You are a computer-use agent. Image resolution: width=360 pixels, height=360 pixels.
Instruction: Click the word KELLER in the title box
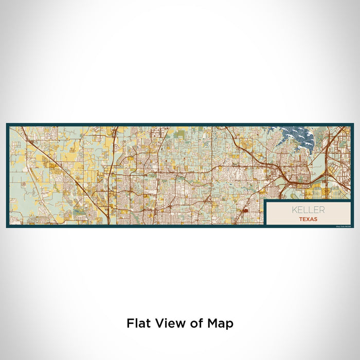[x=309, y=210]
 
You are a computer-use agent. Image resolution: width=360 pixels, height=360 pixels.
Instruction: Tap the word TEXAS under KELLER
[x=309, y=219]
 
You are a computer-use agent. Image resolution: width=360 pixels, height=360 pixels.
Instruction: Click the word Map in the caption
[x=220, y=323]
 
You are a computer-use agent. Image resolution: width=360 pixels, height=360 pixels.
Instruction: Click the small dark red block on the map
[x=245, y=210]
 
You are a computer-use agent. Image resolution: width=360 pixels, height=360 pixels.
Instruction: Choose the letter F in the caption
[x=130, y=323]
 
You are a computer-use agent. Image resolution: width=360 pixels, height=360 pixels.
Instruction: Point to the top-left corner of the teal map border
[x=7, y=124]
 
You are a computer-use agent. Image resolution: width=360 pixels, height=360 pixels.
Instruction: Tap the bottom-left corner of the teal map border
[x=7, y=227]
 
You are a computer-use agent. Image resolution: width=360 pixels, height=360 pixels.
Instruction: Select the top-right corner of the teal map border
[x=353, y=124]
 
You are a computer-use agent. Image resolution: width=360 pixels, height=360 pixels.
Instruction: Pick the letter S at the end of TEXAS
[x=315, y=219]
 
